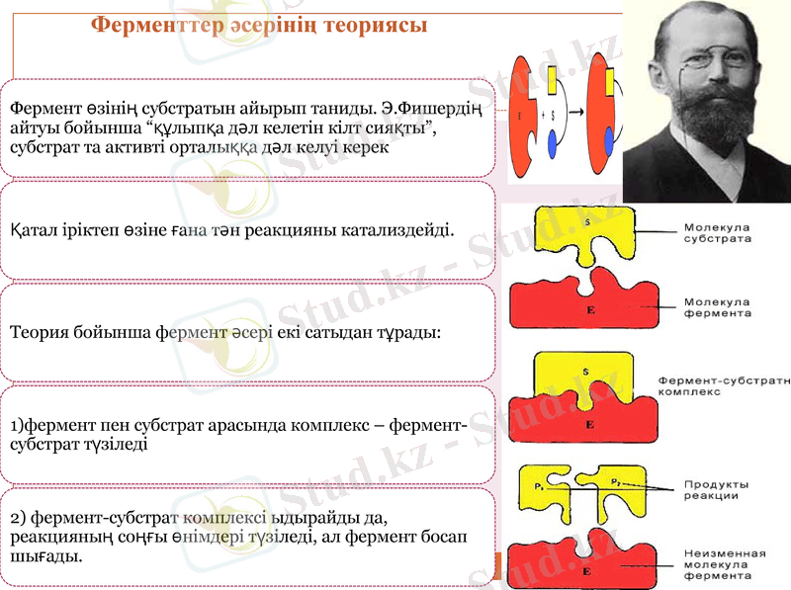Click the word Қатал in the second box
point(35,230)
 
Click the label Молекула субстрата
point(716,232)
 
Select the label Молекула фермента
point(716,307)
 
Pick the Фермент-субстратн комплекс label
point(723,385)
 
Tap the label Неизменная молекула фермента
point(722,563)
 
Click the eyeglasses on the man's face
point(705,61)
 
